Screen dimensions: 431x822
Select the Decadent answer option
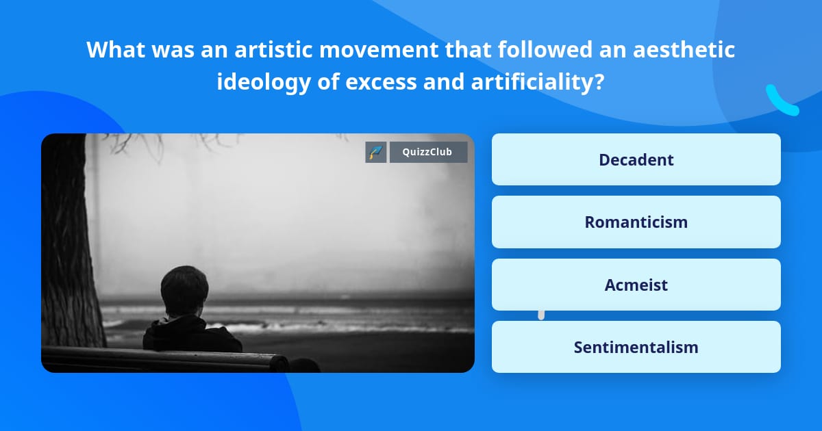pos(636,159)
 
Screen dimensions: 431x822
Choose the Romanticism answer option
pos(636,222)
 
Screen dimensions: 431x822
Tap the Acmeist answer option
pos(636,285)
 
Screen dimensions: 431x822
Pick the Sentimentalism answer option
pos(636,347)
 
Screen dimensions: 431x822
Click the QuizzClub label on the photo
pos(428,152)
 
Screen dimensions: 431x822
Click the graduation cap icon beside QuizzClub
pos(376,152)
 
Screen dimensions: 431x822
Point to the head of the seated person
pos(184,291)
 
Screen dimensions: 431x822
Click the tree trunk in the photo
pos(68,260)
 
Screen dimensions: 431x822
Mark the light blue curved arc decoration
pos(781,101)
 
